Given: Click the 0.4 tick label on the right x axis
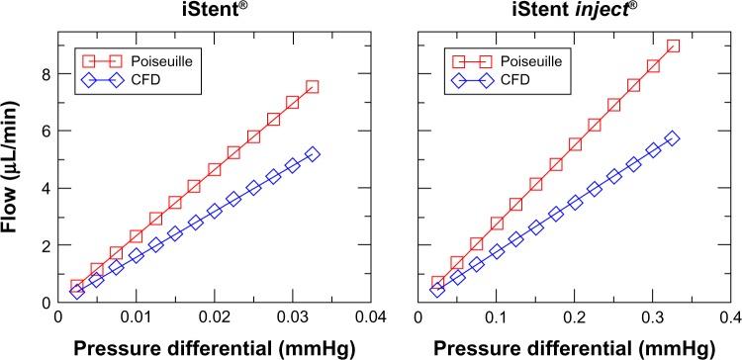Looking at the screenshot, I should pos(730,316).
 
